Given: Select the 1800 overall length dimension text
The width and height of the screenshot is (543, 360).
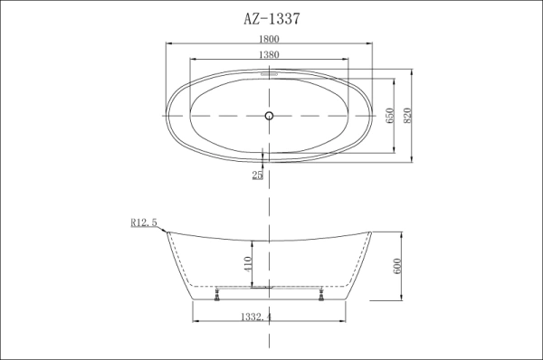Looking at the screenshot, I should coord(269,39).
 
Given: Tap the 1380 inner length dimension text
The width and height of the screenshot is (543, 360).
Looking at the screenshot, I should coord(269,55).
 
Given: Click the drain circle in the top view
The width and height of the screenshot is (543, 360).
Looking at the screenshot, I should coord(269,115).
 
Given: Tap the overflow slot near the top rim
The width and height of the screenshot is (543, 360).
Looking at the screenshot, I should coord(269,78).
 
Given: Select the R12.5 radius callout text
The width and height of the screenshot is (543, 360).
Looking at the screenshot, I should coord(144,222).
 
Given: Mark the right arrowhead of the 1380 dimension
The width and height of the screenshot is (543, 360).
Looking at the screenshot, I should coord(348,61).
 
